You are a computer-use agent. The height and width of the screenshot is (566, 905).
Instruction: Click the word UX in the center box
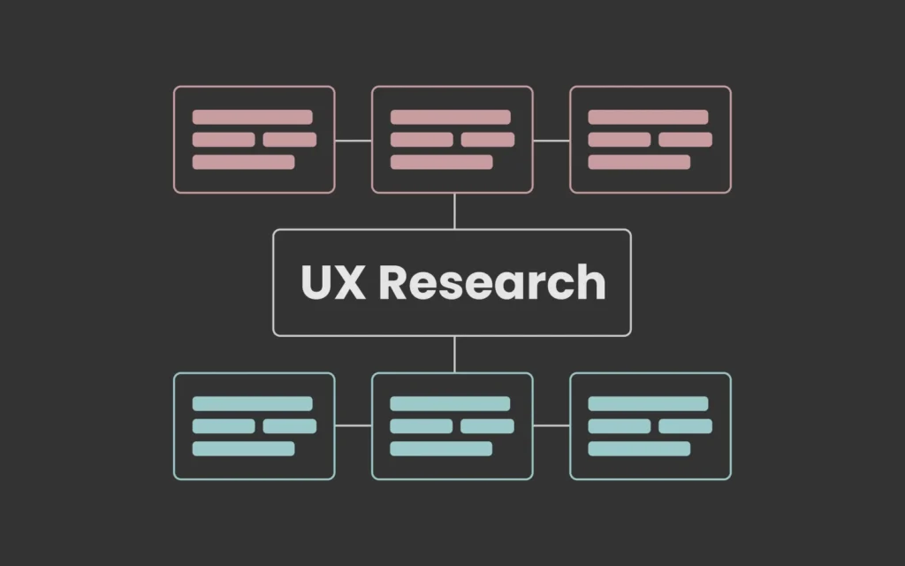[x=333, y=282]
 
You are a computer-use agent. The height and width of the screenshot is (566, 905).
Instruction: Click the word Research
[x=492, y=282]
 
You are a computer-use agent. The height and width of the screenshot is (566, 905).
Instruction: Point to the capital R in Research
[x=393, y=282]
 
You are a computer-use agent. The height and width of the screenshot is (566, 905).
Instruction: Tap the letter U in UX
[x=316, y=282]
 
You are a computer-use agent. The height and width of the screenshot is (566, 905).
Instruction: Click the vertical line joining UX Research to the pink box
[x=454, y=211]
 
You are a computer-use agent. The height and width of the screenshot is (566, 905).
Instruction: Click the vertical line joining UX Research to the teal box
[x=454, y=355]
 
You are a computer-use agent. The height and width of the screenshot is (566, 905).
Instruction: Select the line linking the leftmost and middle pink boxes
[x=354, y=140]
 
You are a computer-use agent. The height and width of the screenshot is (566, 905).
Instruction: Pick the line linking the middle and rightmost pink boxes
[x=551, y=140]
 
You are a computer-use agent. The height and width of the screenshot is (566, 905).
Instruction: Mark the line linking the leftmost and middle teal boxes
[x=354, y=425]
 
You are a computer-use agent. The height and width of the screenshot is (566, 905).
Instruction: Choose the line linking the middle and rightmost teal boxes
[x=551, y=425]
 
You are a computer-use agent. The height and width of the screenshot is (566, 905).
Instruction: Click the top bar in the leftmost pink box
[x=252, y=118]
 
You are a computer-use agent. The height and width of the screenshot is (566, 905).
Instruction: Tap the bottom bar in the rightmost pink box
[x=639, y=163]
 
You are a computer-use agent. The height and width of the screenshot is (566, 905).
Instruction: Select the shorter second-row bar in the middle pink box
[x=488, y=140]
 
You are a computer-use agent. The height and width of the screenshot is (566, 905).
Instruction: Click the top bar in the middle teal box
[x=450, y=403]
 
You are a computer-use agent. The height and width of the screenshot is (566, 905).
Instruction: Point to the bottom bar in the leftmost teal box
[x=244, y=448]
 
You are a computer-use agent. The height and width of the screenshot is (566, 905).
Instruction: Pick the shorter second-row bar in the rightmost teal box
[x=685, y=426]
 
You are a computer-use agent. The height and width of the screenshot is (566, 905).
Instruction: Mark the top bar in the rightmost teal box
[x=648, y=403]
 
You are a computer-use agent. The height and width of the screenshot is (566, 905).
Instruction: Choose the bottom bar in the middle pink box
[x=442, y=163]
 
